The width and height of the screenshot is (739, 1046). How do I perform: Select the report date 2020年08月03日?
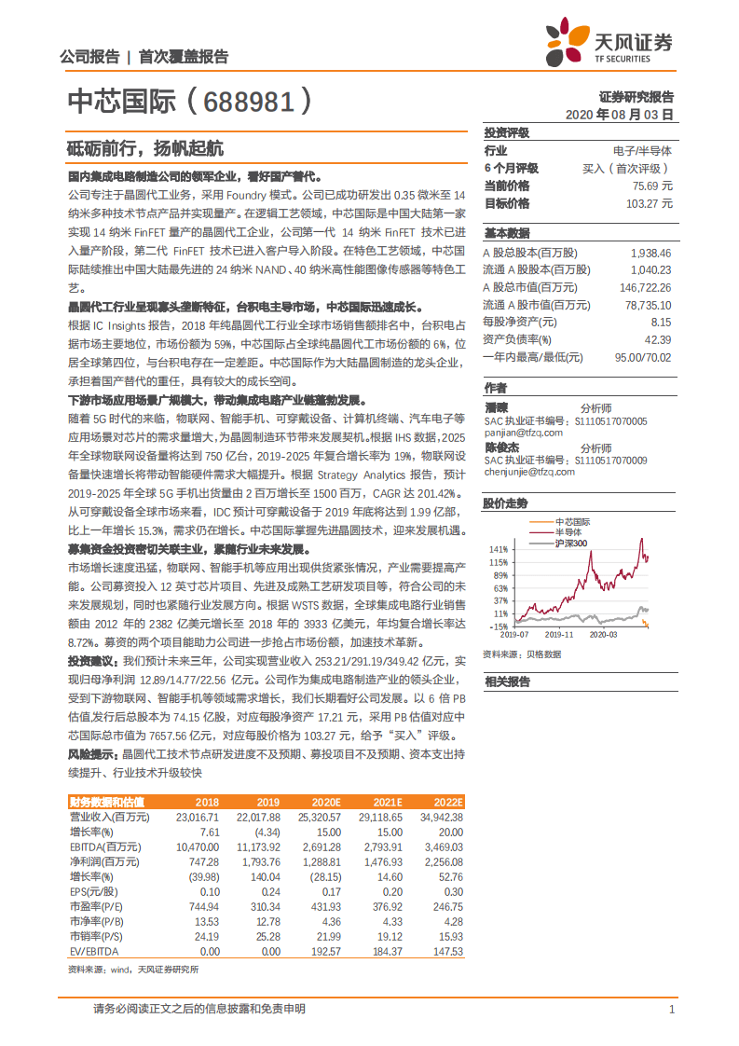[619, 114]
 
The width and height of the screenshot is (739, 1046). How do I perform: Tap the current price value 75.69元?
[651, 185]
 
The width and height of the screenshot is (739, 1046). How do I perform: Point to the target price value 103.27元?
[649, 202]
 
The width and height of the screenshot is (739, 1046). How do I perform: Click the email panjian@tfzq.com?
[523, 433]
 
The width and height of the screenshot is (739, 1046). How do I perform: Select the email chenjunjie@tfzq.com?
[529, 472]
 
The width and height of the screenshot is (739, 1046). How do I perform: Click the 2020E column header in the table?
[325, 802]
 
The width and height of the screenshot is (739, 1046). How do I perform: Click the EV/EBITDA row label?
[94, 951]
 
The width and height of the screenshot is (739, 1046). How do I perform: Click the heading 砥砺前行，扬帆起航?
[144, 147]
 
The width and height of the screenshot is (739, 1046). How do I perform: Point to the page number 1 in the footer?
[671, 1009]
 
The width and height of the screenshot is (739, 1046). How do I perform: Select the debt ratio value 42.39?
[657, 339]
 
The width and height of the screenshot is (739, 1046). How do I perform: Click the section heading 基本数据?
[507, 233]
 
